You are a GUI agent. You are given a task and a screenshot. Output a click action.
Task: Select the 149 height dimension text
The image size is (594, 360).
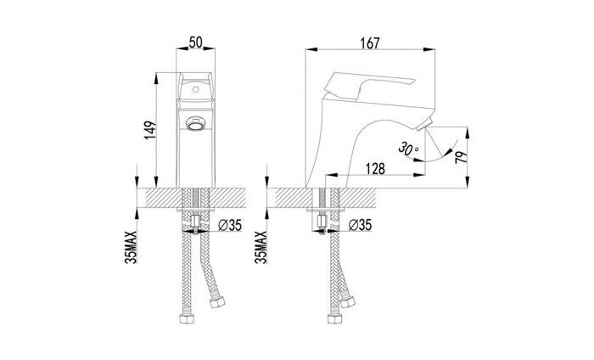point(148,130)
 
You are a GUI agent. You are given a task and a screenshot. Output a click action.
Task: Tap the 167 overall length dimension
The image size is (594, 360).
point(369,41)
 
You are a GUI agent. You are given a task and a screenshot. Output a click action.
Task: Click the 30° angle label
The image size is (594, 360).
point(410,149)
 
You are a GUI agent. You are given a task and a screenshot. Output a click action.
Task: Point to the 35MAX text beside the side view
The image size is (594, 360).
point(260,248)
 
